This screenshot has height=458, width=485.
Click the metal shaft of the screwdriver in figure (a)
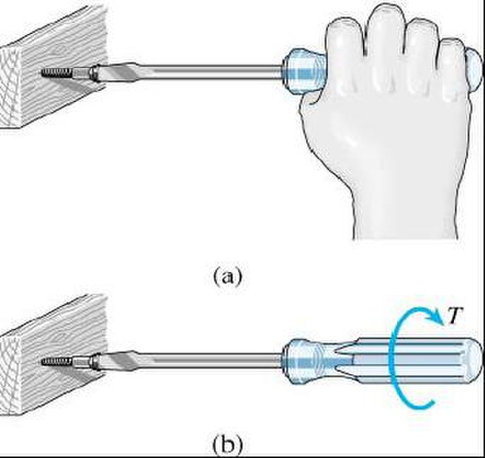215,72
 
